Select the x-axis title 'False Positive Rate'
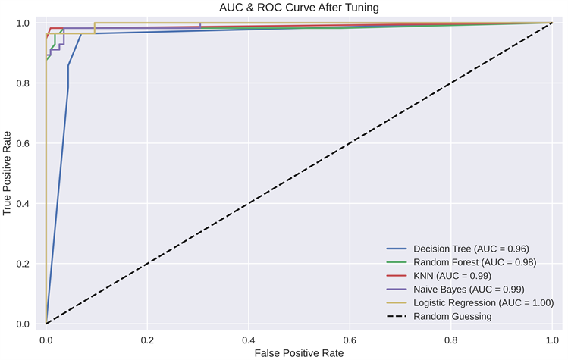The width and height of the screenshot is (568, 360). [x=299, y=353]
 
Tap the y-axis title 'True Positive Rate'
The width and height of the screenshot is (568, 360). [x=8, y=174]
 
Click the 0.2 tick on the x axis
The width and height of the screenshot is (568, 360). [x=147, y=338]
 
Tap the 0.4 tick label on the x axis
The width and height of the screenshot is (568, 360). [x=249, y=338]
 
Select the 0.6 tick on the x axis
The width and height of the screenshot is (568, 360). [x=350, y=338]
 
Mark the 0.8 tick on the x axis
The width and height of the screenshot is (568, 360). [x=451, y=338]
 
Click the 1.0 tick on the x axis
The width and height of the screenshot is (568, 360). [x=552, y=338]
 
